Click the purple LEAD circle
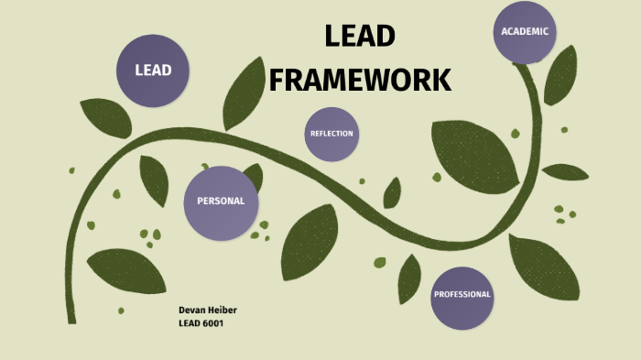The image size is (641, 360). (153, 70)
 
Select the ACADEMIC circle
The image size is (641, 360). (525, 31)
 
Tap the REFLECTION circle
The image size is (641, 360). (331, 134)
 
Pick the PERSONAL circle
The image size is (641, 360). (221, 202)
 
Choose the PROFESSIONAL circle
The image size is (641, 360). (462, 295)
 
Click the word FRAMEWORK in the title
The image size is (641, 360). (360, 80)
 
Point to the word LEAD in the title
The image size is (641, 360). (360, 37)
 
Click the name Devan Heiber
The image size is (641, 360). (208, 311)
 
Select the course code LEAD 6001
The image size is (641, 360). (201, 323)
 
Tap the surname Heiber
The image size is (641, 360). (223, 311)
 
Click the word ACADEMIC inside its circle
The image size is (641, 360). (525, 31)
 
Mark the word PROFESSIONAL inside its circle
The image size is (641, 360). (462, 295)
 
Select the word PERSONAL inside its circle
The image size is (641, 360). (221, 202)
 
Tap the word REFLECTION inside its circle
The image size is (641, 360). (331, 134)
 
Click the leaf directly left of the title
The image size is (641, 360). (244, 92)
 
